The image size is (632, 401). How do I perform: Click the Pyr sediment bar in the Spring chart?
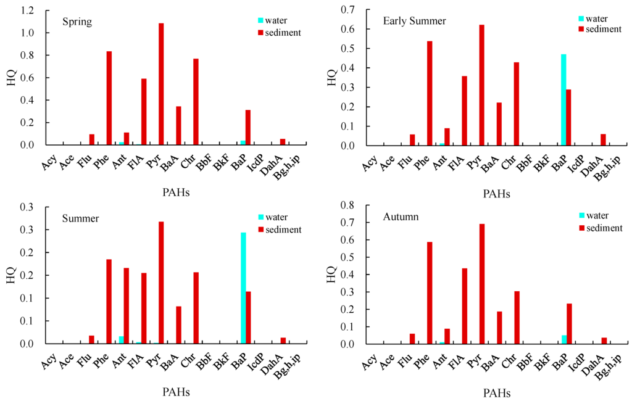[x=161, y=84]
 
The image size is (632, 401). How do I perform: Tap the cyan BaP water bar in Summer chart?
[x=243, y=288]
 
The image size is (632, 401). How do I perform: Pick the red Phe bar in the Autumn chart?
[x=430, y=293]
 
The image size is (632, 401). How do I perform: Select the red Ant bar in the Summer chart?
[x=127, y=305]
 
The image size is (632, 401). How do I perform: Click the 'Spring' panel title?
[x=77, y=22]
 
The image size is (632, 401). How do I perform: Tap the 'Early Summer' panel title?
[x=414, y=22]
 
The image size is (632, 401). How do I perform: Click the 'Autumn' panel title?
[x=401, y=217]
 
